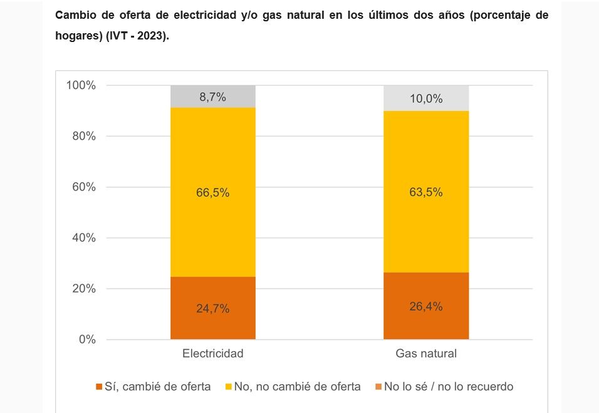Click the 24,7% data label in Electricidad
click(213, 308)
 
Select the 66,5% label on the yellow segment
click(213, 192)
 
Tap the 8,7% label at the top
click(213, 97)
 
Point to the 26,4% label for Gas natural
click(426, 306)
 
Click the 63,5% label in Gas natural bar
click(426, 192)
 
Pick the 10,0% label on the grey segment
click(426, 98)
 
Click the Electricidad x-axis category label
click(213, 353)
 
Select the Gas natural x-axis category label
click(426, 353)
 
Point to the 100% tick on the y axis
click(81, 85)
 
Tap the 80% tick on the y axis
click(83, 136)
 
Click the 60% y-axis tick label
click(83, 187)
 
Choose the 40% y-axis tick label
click(83, 238)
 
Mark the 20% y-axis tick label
click(83, 289)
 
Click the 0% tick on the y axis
click(86, 340)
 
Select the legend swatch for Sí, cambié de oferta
click(99, 387)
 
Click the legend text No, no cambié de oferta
click(297, 387)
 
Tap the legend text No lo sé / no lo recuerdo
click(449, 387)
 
